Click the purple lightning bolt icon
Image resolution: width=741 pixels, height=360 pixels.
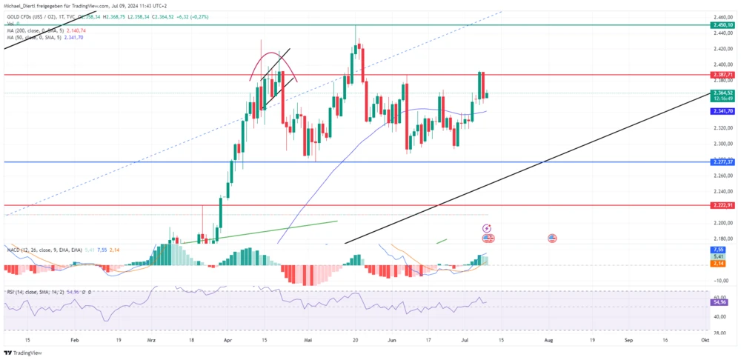487,229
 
